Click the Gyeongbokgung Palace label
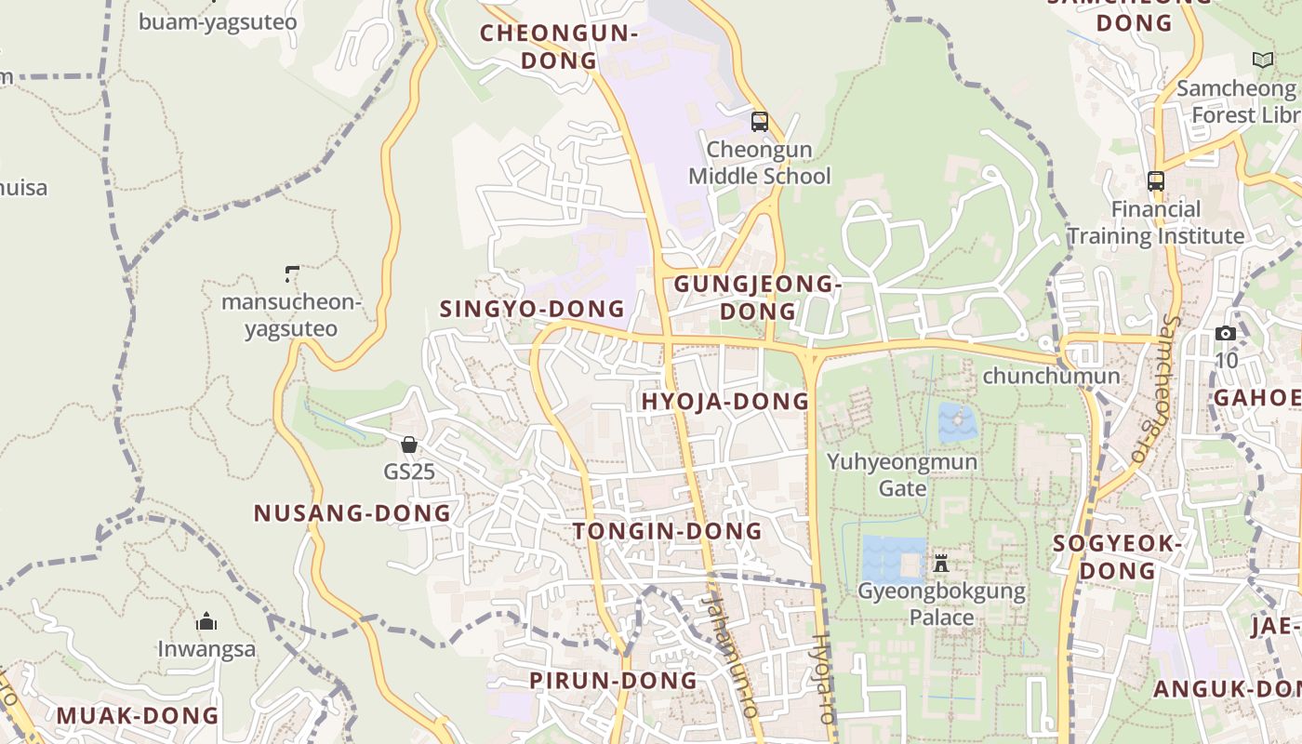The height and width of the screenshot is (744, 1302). coord(941,604)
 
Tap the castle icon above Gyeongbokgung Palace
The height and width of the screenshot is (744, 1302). coord(941,563)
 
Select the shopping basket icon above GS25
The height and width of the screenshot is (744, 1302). coord(408,445)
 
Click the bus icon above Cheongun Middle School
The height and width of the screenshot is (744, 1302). coord(760,122)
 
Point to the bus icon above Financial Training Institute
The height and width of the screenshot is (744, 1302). coord(1155,181)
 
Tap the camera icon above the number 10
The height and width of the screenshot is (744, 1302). coord(1226,333)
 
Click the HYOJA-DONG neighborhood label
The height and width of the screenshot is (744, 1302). coord(725,402)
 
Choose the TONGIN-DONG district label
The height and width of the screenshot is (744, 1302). coord(667,532)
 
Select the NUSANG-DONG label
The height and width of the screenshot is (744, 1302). coord(352,513)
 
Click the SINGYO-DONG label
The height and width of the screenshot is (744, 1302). coord(532,309)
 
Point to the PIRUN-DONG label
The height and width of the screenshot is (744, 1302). coord(613,681)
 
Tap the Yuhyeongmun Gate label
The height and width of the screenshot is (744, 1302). coord(902,474)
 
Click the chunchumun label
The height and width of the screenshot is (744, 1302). coord(1051,377)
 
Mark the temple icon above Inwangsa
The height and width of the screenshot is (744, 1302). coord(206,621)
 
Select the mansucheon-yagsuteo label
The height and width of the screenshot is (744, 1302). coord(290,315)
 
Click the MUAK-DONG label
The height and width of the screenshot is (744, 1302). coord(138,716)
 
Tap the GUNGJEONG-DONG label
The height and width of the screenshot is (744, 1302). coord(757,298)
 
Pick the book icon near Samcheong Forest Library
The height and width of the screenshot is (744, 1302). coord(1262,60)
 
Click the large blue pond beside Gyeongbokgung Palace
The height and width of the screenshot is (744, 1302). coord(893,559)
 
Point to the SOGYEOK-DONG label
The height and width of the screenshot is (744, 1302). coord(1117,556)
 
